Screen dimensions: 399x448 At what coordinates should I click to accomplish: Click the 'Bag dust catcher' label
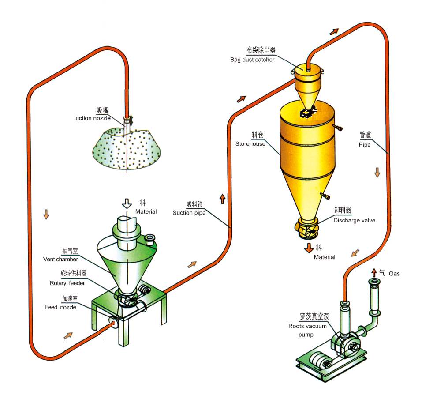252,60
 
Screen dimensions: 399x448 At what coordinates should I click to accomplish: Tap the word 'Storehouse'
250,144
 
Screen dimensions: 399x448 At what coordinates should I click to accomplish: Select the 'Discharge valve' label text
354,220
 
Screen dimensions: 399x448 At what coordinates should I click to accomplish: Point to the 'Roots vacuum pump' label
308,330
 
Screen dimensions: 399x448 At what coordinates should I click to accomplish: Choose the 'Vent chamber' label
60,259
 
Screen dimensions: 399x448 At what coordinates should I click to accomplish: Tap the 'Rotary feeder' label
67,283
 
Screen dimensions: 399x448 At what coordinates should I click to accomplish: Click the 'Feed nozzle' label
60,307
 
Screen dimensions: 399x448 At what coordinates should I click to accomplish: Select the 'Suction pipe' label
189,213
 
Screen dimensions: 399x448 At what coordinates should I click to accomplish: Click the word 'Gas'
394,274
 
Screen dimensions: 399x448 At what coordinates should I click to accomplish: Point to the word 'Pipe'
365,144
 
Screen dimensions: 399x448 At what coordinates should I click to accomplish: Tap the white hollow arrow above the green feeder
127,203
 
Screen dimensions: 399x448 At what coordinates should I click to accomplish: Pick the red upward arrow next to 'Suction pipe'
222,199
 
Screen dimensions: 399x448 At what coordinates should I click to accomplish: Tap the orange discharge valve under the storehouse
307,228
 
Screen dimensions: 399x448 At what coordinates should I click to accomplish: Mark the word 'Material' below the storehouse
325,257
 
